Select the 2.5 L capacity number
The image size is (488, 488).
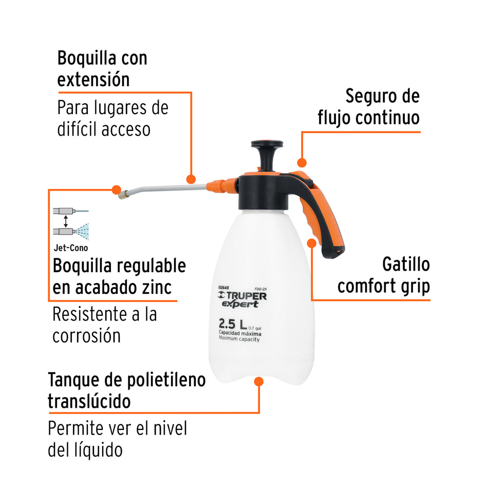pos(231,325)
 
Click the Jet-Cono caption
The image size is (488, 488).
pos(70,248)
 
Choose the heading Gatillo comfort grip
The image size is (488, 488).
pos(383,275)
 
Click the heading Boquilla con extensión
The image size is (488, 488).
pos(102,68)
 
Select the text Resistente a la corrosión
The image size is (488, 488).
pos(104,325)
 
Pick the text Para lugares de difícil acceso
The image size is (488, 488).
pos(112,118)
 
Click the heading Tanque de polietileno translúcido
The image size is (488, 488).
pos(126,390)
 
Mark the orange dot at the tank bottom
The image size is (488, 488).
pos(259,382)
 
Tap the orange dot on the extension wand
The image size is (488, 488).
pos(191,179)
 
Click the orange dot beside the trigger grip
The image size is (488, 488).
pos(312,242)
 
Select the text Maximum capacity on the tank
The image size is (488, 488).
pos(239,340)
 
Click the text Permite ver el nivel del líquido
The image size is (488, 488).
pos(118,439)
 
